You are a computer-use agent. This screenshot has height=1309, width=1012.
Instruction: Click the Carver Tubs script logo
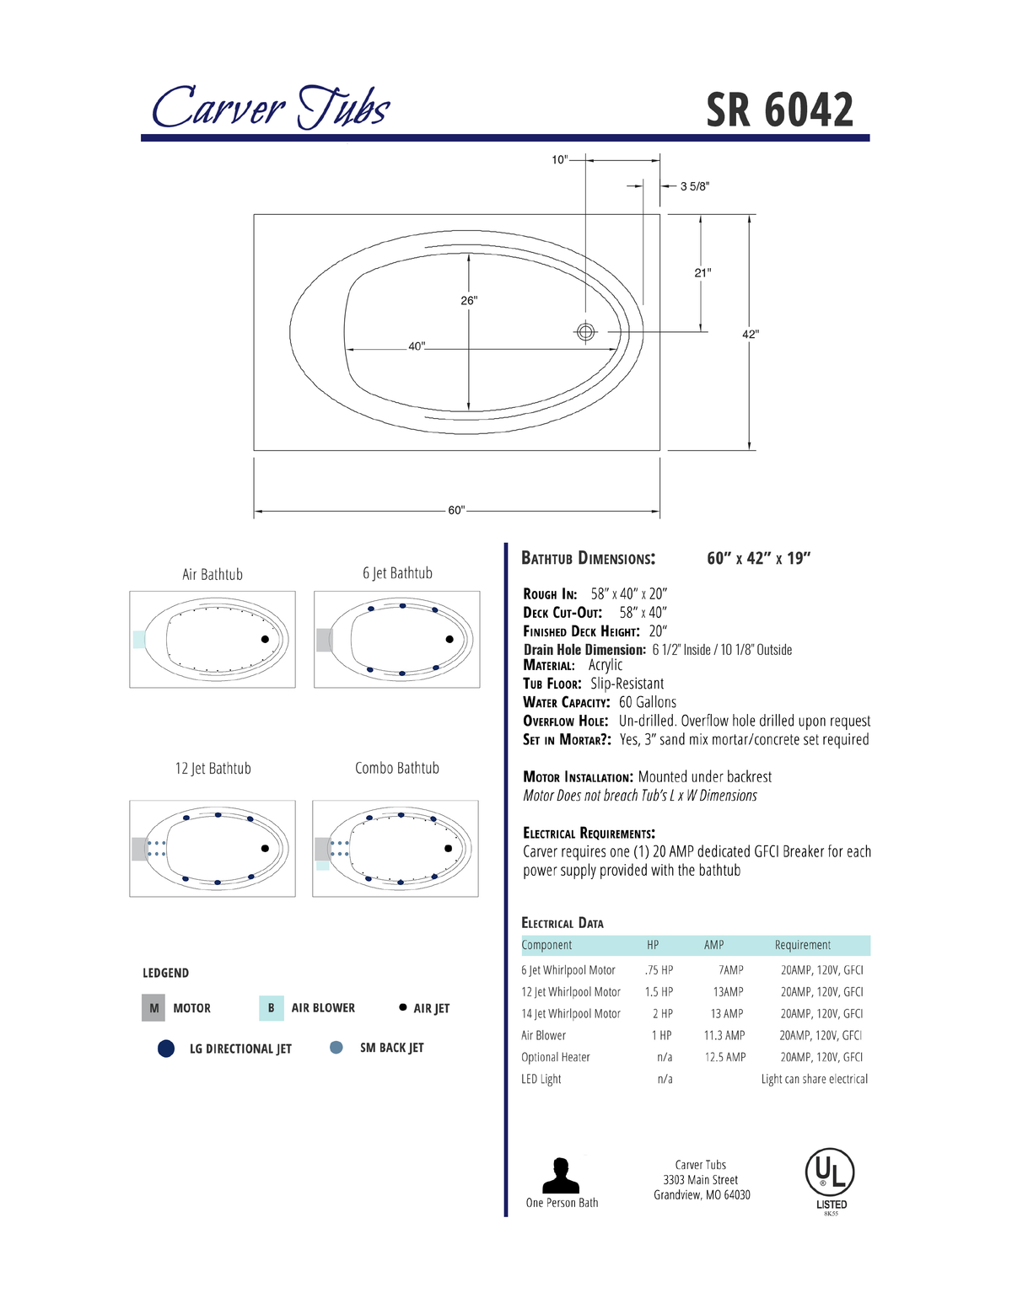click(271, 106)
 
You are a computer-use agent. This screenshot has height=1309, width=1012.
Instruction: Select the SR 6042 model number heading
click(779, 110)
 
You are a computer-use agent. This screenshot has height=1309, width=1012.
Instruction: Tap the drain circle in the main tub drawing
click(586, 332)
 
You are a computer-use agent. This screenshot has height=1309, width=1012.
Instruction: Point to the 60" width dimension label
click(456, 510)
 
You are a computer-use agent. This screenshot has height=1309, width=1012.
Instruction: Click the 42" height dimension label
click(751, 334)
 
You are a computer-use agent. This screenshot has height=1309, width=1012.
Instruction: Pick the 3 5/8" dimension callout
click(695, 186)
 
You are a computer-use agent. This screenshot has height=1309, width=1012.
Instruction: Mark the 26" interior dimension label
click(469, 300)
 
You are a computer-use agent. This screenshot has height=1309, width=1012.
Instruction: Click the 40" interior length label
click(417, 346)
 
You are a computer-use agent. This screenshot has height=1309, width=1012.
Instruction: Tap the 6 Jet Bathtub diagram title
click(397, 573)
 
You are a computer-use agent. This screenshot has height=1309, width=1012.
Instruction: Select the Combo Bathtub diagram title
click(396, 768)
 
